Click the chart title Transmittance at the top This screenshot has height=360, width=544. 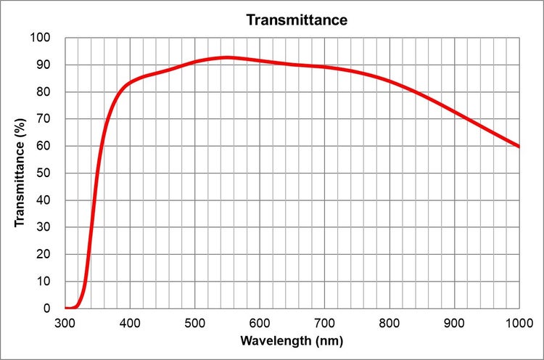coord(297,20)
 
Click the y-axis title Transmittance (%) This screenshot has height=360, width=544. coord(20,173)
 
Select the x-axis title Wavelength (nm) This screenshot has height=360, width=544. coord(292,340)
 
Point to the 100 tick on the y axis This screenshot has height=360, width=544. coord(41,38)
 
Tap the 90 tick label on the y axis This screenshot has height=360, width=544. coord(44,65)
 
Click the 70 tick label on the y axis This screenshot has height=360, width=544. coord(44,119)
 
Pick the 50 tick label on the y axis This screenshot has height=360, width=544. coord(44,173)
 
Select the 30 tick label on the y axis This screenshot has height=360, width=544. coord(44,227)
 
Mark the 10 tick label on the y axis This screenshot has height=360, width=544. coord(44,282)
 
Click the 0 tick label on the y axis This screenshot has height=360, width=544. coord(47,308)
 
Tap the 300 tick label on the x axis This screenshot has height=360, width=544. coord(65,323)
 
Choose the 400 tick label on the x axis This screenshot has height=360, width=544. coord(130,323)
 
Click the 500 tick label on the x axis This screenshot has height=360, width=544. coord(195,323)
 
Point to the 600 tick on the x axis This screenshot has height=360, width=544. coord(260,323)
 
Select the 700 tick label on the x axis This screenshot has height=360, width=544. coord(324,323)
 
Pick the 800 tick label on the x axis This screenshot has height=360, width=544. coord(390,323)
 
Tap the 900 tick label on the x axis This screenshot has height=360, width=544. coord(454,323)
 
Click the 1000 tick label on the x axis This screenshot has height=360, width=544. coord(519,323)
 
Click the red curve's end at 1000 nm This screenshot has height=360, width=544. coord(519,147)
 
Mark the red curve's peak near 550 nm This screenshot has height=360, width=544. coord(227,57)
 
